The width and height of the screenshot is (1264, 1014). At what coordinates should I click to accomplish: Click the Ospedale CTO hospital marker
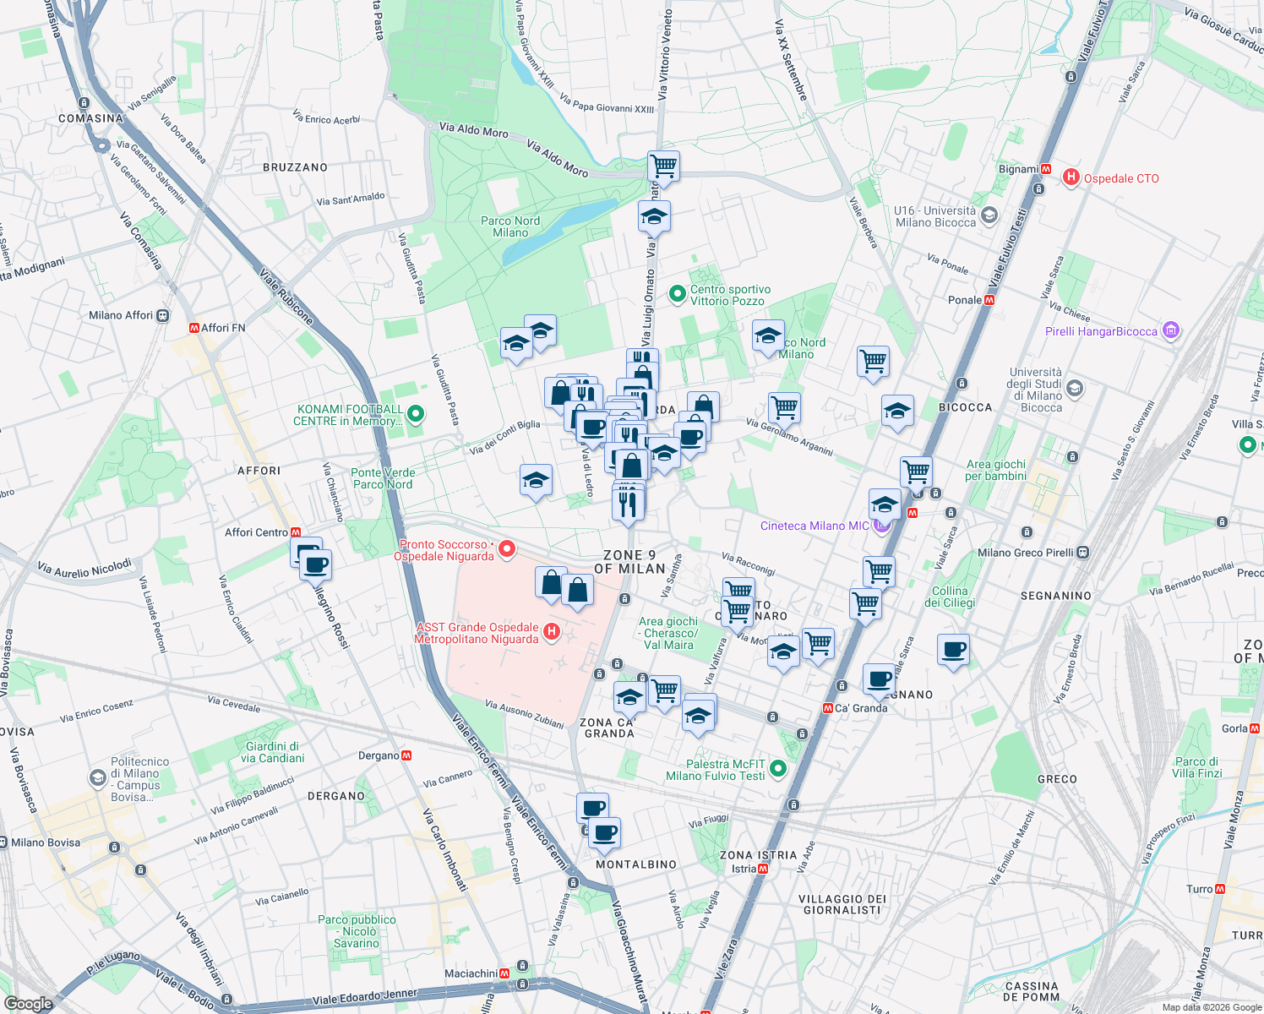[1071, 177]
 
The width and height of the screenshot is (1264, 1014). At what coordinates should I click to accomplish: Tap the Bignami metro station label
[1018, 169]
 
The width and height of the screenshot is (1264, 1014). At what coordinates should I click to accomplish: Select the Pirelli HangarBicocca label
[1101, 331]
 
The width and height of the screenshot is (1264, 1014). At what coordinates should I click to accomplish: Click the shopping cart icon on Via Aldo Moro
[663, 166]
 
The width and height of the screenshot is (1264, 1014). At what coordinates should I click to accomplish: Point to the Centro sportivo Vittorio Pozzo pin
[677, 294]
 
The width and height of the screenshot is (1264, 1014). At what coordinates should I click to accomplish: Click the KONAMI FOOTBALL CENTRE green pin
[415, 415]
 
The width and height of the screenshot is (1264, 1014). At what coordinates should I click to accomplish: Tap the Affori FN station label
[222, 328]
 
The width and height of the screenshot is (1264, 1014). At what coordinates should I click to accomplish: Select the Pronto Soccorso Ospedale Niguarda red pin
[507, 549]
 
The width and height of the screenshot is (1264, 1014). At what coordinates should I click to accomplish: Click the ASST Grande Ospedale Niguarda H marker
[551, 631]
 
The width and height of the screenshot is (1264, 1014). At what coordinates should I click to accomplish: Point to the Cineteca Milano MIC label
[815, 526]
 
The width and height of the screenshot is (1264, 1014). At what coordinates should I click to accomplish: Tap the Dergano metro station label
[379, 755]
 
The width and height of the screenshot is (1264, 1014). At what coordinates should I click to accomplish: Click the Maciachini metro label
[471, 973]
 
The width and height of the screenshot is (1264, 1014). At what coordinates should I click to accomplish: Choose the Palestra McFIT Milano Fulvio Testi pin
[778, 769]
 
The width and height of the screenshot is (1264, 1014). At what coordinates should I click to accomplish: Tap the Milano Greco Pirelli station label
[1026, 553]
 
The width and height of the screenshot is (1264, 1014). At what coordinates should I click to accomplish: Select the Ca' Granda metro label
[860, 708]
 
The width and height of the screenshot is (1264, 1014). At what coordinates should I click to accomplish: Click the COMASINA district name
[90, 118]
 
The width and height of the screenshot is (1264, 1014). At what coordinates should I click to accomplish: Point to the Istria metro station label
[744, 869]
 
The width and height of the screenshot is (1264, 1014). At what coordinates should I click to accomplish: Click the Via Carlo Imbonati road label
[444, 849]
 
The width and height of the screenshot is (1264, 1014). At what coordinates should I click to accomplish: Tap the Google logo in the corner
[28, 1004]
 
